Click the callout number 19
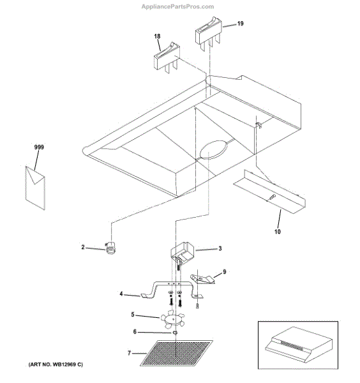pyautogui.click(x=241, y=24)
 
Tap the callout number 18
pyautogui.click(x=157, y=36)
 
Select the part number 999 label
pyautogui.click(x=39, y=147)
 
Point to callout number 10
pyautogui.click(x=278, y=231)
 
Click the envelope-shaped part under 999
pyautogui.click(x=35, y=188)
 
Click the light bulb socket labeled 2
pyautogui.click(x=111, y=248)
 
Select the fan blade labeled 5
pyautogui.click(x=172, y=319)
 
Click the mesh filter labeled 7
pyautogui.click(x=176, y=353)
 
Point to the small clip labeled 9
pyautogui.click(x=202, y=279)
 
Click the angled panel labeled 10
pyautogui.click(x=269, y=191)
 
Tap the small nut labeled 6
pyautogui.click(x=175, y=333)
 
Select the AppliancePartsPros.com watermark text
pyautogui.click(x=178, y=6)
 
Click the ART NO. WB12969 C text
pyautogui.click(x=56, y=364)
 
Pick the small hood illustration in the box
pyautogui.click(x=299, y=345)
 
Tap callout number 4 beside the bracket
pyautogui.click(x=121, y=294)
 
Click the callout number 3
pyautogui.click(x=220, y=248)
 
